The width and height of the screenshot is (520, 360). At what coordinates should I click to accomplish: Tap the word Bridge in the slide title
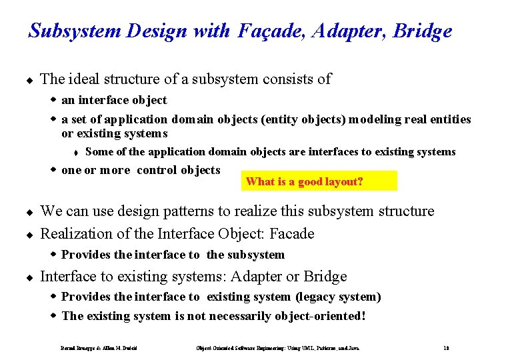coord(423,31)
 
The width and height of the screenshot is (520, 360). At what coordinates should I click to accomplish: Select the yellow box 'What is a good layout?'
coord(319,181)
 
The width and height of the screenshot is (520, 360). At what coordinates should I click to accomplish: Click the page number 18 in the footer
coord(445,348)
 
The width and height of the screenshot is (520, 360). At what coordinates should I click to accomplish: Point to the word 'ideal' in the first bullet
coord(83,79)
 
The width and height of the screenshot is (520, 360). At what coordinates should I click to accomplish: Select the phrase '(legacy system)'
coord(338,297)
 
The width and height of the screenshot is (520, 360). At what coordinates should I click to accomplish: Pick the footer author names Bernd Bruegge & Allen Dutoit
coord(103,348)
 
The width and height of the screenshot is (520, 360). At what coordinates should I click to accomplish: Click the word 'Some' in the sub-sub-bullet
coord(99,152)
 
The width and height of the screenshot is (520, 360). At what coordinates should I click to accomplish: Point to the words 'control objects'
coord(178,170)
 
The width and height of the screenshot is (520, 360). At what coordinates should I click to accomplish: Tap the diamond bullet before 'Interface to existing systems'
coord(29,277)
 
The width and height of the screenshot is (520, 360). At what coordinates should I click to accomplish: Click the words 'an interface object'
coord(114,101)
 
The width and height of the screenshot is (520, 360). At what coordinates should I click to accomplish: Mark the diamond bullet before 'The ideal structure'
coord(29,80)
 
